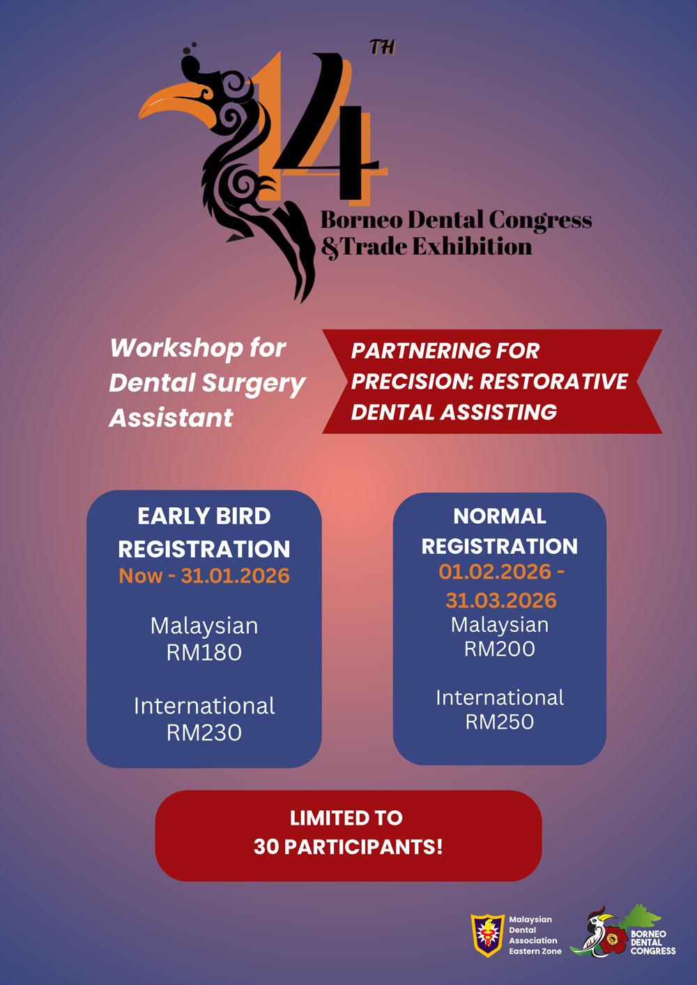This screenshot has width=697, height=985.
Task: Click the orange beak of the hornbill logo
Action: coord(176,104)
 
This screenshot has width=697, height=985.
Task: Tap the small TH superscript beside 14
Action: coord(382,47)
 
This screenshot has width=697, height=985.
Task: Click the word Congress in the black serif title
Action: coord(540,221)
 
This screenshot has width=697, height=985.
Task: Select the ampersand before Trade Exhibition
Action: coord(330,248)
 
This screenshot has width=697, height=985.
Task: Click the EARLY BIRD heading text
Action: coord(204,515)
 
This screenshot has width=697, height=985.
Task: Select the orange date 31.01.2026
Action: coord(235,575)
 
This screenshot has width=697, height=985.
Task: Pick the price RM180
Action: coord(204,652)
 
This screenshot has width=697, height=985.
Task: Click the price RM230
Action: coord(204,733)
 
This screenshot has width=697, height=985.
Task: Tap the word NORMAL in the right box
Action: coord(500,515)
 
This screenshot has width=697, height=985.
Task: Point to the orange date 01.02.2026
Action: coord(495,571)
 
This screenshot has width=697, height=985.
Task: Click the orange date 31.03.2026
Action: coord(500,600)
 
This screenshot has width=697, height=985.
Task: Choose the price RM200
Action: coord(500,649)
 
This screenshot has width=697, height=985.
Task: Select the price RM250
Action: coord(500,722)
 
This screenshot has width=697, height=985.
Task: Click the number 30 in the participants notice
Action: coord(266,846)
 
